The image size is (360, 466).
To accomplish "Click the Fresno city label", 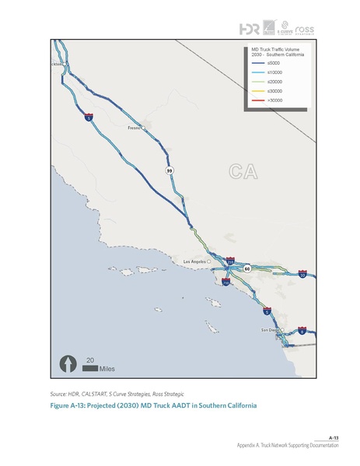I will tap(133, 127).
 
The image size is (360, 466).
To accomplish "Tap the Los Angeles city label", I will tap(196, 261).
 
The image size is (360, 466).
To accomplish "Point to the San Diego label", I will tap(269, 330).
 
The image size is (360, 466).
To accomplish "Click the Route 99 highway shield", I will tap(169, 170).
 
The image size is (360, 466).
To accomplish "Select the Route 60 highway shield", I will tap(246, 268).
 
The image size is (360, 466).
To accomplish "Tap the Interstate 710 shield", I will tap(225, 283).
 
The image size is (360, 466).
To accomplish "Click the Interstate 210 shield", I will tap(230, 261).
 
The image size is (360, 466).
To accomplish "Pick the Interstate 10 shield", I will tap(302, 274).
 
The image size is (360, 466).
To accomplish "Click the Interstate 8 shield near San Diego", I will tap(302, 331).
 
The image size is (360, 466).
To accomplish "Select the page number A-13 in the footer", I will tap(332, 437).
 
